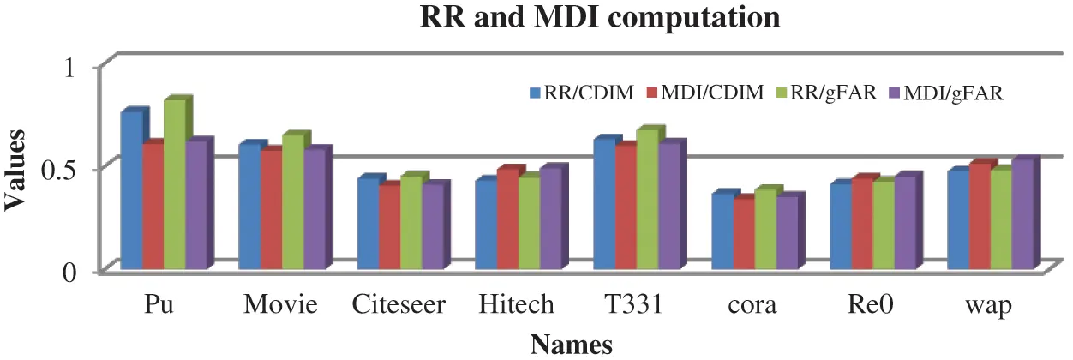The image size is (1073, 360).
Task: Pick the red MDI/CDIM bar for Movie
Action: coord(271,209)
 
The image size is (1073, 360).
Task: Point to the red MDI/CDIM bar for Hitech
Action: coord(507,219)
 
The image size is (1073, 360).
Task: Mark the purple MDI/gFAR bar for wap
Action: coord(1022,214)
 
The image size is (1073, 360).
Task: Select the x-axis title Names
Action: coord(572,345)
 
